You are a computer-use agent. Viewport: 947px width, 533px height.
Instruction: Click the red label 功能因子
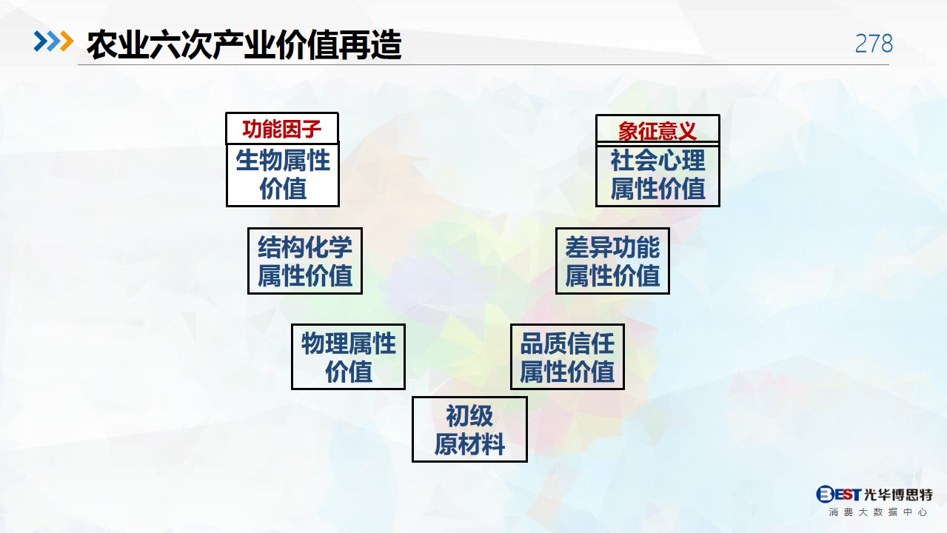pyautogui.click(x=282, y=129)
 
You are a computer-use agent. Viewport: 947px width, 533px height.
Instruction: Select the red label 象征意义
pyautogui.click(x=657, y=130)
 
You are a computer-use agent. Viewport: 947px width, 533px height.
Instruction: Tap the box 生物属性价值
pyautogui.click(x=283, y=175)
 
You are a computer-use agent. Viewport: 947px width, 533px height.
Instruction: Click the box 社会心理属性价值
pyautogui.click(x=657, y=175)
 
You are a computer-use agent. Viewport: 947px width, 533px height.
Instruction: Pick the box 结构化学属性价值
pyautogui.click(x=305, y=261)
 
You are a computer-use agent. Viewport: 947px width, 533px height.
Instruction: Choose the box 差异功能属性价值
pyautogui.click(x=612, y=261)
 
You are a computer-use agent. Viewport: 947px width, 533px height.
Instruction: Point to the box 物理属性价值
pyautogui.click(x=348, y=357)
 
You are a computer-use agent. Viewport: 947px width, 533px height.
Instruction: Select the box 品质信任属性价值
pyautogui.click(x=567, y=357)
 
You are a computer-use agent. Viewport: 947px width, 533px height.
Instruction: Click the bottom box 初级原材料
pyautogui.click(x=469, y=429)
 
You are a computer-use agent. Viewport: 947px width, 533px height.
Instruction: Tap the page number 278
pyautogui.click(x=874, y=44)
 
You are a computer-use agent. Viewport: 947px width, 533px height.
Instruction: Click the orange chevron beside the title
pyautogui.click(x=67, y=41)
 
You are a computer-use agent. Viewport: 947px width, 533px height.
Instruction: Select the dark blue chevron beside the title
pyautogui.click(x=41, y=41)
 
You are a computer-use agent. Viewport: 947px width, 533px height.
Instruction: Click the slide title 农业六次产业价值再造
pyautogui.click(x=244, y=44)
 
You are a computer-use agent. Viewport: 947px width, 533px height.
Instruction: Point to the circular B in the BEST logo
pyautogui.click(x=824, y=494)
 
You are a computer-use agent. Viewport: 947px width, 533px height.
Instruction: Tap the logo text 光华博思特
pyautogui.click(x=898, y=495)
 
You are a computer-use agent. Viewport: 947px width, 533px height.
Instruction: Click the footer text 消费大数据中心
pyautogui.click(x=878, y=512)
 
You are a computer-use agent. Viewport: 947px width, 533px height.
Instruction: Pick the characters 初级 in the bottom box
pyautogui.click(x=469, y=416)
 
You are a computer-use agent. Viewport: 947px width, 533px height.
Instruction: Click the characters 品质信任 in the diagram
pyautogui.click(x=567, y=343)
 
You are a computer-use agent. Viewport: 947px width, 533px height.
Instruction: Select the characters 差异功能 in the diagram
pyautogui.click(x=612, y=247)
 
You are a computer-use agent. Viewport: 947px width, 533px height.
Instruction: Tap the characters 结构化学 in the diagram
pyautogui.click(x=305, y=247)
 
